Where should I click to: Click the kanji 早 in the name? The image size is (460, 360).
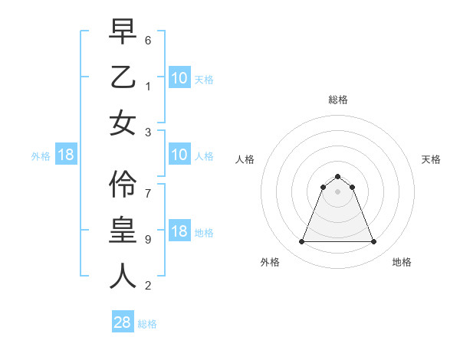[123, 31]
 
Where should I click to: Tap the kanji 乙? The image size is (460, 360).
[123, 77]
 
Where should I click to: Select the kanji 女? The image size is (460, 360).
[123, 123]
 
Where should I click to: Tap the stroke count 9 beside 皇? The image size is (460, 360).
[148, 239]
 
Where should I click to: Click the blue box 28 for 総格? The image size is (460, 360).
[123, 322]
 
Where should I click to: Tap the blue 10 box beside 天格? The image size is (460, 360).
[179, 77]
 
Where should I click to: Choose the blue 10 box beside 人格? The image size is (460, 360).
[179, 155]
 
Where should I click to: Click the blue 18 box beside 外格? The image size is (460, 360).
[66, 155]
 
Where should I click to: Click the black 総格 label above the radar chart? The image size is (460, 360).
[338, 100]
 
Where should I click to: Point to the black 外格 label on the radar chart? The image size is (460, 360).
[270, 262]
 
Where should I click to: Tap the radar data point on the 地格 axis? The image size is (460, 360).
[374, 242]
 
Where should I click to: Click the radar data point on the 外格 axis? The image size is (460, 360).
[301, 242]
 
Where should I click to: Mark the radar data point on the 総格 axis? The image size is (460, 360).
[338, 176]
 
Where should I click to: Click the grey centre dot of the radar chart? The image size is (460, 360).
[338, 191]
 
